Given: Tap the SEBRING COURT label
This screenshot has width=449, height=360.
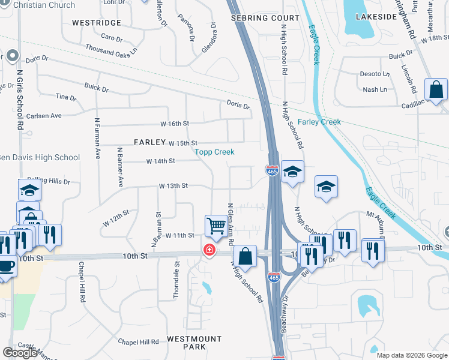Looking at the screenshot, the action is tap(265, 19).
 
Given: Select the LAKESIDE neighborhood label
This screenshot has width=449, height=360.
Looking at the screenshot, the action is tap(376, 17).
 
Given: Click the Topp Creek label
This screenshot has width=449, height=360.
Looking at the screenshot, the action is tap(214, 152).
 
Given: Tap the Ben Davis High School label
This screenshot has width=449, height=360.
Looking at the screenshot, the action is tap(39, 158).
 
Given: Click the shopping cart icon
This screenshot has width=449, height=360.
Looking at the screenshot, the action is tap(215, 226).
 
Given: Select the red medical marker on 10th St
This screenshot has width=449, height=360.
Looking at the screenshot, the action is tap(209, 250).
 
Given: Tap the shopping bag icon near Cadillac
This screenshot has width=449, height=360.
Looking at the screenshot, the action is tap(435, 89).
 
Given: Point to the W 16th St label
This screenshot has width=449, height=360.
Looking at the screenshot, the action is tap(175, 123).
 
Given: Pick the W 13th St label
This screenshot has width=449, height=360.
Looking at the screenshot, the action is tap(173, 186).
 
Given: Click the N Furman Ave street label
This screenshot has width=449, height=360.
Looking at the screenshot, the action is tap(97, 137).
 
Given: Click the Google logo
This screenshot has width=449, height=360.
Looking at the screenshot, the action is tap(20, 353).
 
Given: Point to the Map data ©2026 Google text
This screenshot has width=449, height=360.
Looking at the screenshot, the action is tap(411, 355).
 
